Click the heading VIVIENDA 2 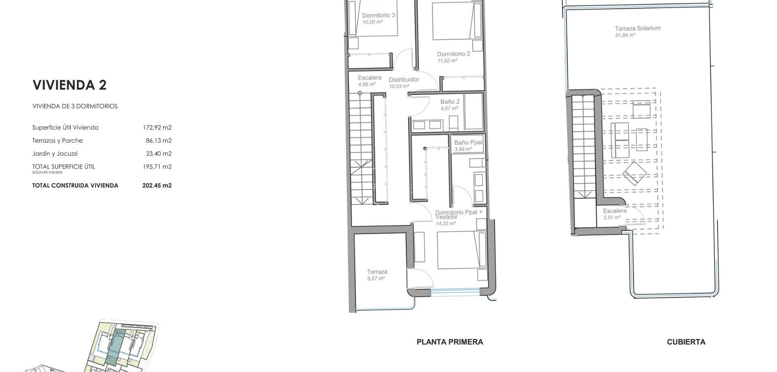point(70,85)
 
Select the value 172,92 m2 point(157,127)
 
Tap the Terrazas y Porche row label point(57,141)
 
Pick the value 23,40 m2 point(159,154)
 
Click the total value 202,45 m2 point(157,186)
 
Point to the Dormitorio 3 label point(378,15)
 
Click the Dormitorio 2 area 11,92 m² point(447,61)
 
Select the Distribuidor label point(404,80)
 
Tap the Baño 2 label point(450,102)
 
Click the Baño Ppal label point(468,143)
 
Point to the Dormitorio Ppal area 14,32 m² point(446,224)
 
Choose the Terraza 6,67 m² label point(377,275)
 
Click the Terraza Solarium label point(637,28)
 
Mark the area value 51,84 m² point(625,35)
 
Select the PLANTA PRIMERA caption point(450,342)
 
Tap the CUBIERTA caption point(686,342)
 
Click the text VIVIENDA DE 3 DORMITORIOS point(75,106)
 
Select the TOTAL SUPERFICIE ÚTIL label point(64,167)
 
